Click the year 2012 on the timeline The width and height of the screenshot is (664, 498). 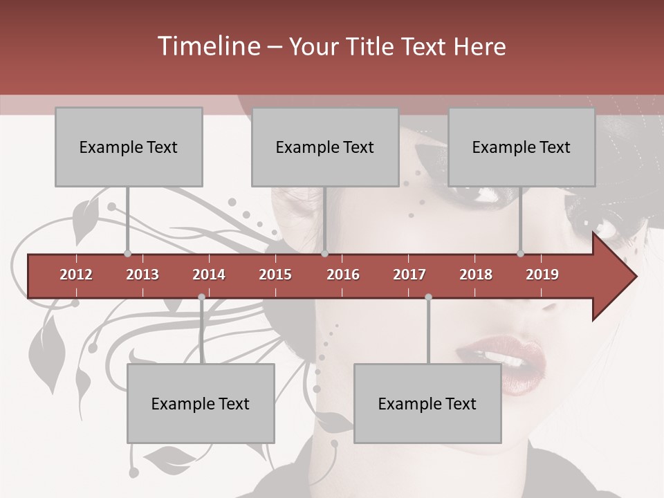pos(76,275)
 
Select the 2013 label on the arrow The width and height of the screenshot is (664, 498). pos(142,275)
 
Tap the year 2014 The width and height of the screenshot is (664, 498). pos(209,275)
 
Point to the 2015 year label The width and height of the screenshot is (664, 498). pos(275,275)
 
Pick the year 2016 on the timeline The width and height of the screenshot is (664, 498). pos(343,275)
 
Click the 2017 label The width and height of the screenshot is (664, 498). pos(409,275)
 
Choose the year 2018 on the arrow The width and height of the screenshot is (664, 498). pos(476,275)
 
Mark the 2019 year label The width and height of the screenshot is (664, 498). pos(542,275)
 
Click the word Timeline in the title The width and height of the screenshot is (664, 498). pos(207,46)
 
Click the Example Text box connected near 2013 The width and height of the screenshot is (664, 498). pos(129,147)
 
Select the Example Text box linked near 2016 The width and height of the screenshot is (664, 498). pos(325,147)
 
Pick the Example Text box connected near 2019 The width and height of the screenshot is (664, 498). pos(522,147)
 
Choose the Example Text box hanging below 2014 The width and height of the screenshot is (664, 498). pos(201,403)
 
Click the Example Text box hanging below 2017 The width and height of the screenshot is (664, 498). pos(427,403)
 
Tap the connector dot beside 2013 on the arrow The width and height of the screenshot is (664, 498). pos(127,254)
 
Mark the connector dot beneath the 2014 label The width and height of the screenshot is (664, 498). pos(201,297)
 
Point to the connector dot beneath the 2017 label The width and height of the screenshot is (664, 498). pos(428,297)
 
